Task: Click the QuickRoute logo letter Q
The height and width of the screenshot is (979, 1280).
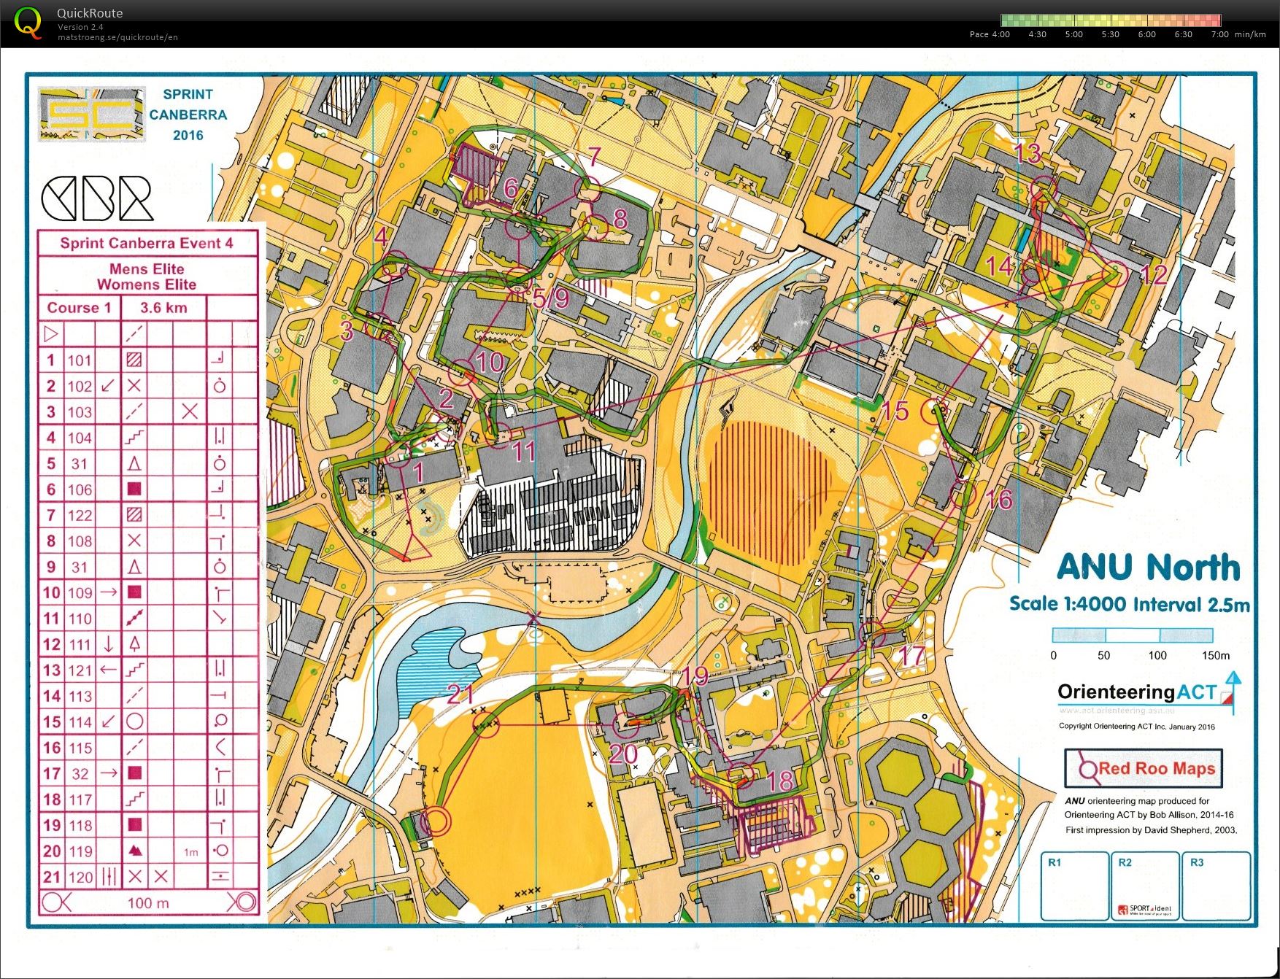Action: [28, 22]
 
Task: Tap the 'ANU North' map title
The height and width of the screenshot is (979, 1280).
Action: [1148, 568]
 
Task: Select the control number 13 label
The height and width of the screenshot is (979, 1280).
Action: [1027, 153]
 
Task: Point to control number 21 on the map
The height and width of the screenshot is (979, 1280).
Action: [460, 694]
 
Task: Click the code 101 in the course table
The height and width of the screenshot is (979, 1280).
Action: [80, 360]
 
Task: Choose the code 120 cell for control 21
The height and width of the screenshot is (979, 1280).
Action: [80, 877]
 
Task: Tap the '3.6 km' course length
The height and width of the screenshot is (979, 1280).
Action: [163, 308]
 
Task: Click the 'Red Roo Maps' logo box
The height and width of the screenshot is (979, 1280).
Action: [1143, 768]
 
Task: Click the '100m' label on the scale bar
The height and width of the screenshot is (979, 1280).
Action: [1157, 655]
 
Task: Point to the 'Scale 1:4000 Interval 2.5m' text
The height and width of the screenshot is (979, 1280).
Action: [1129, 604]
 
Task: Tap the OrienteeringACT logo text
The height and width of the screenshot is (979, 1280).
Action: [1137, 692]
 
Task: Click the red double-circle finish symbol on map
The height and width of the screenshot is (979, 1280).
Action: [436, 821]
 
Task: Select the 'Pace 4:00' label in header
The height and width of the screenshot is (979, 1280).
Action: [989, 34]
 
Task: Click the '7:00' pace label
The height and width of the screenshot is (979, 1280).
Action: [1219, 34]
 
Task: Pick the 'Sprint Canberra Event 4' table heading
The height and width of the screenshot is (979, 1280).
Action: [147, 244]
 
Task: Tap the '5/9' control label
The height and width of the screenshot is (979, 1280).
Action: [550, 298]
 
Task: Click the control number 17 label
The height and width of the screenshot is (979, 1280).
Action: [911, 656]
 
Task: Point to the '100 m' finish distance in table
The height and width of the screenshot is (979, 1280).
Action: [148, 903]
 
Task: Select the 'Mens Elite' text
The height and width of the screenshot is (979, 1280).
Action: [147, 269]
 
